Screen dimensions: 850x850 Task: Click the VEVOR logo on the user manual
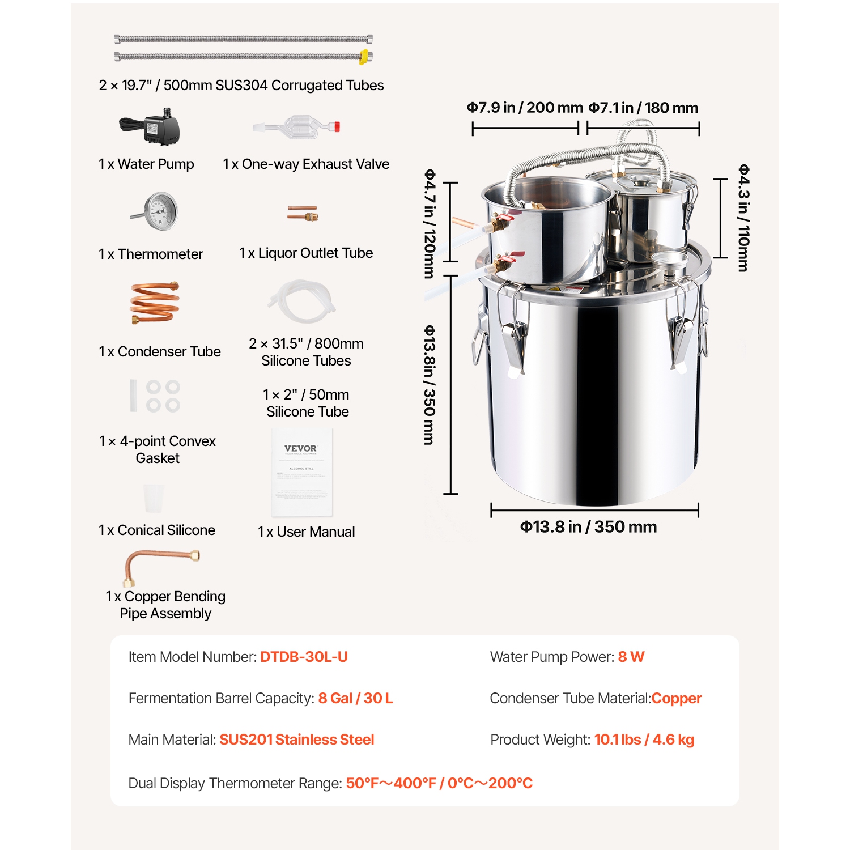300,448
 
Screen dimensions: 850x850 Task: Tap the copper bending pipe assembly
161,563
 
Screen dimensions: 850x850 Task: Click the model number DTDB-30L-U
304,657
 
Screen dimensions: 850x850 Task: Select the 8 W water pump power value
631,657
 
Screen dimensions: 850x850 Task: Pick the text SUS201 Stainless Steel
296,739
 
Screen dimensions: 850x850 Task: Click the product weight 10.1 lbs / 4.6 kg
644,739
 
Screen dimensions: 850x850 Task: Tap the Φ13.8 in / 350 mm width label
588,527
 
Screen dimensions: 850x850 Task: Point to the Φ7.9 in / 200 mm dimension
525,108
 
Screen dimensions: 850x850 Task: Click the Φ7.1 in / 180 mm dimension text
643,108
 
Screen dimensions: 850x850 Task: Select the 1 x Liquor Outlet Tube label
306,253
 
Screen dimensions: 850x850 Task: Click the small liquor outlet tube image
302,213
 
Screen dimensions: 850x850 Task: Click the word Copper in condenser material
676,698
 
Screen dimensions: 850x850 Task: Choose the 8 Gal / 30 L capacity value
355,698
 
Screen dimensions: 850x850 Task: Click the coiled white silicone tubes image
302,301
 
